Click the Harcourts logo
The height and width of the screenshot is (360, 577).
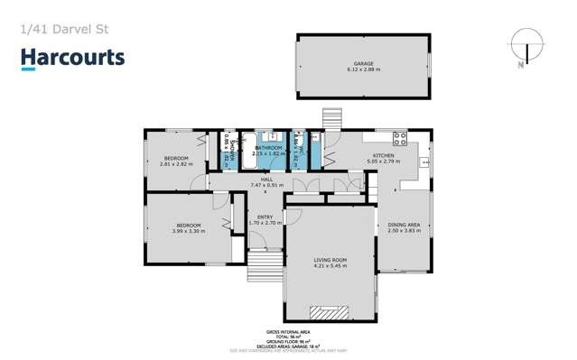coord(73,59)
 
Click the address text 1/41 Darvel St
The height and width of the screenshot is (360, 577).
coord(60,29)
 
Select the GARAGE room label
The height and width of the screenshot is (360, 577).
coord(363,63)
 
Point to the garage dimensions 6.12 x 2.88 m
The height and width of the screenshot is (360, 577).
coord(363,69)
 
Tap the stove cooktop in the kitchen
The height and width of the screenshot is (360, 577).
coord(398,139)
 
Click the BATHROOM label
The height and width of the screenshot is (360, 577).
coord(268,148)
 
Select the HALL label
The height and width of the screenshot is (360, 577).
coord(266,180)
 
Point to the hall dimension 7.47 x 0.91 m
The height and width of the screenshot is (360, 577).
coord(266,186)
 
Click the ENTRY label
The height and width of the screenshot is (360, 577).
coord(265,217)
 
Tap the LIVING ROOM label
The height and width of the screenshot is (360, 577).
coord(330,260)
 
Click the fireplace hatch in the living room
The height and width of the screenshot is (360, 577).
coord(330,312)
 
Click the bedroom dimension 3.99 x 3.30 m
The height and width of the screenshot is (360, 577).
coord(188,231)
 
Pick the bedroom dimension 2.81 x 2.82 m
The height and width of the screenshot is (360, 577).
coord(177,164)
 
